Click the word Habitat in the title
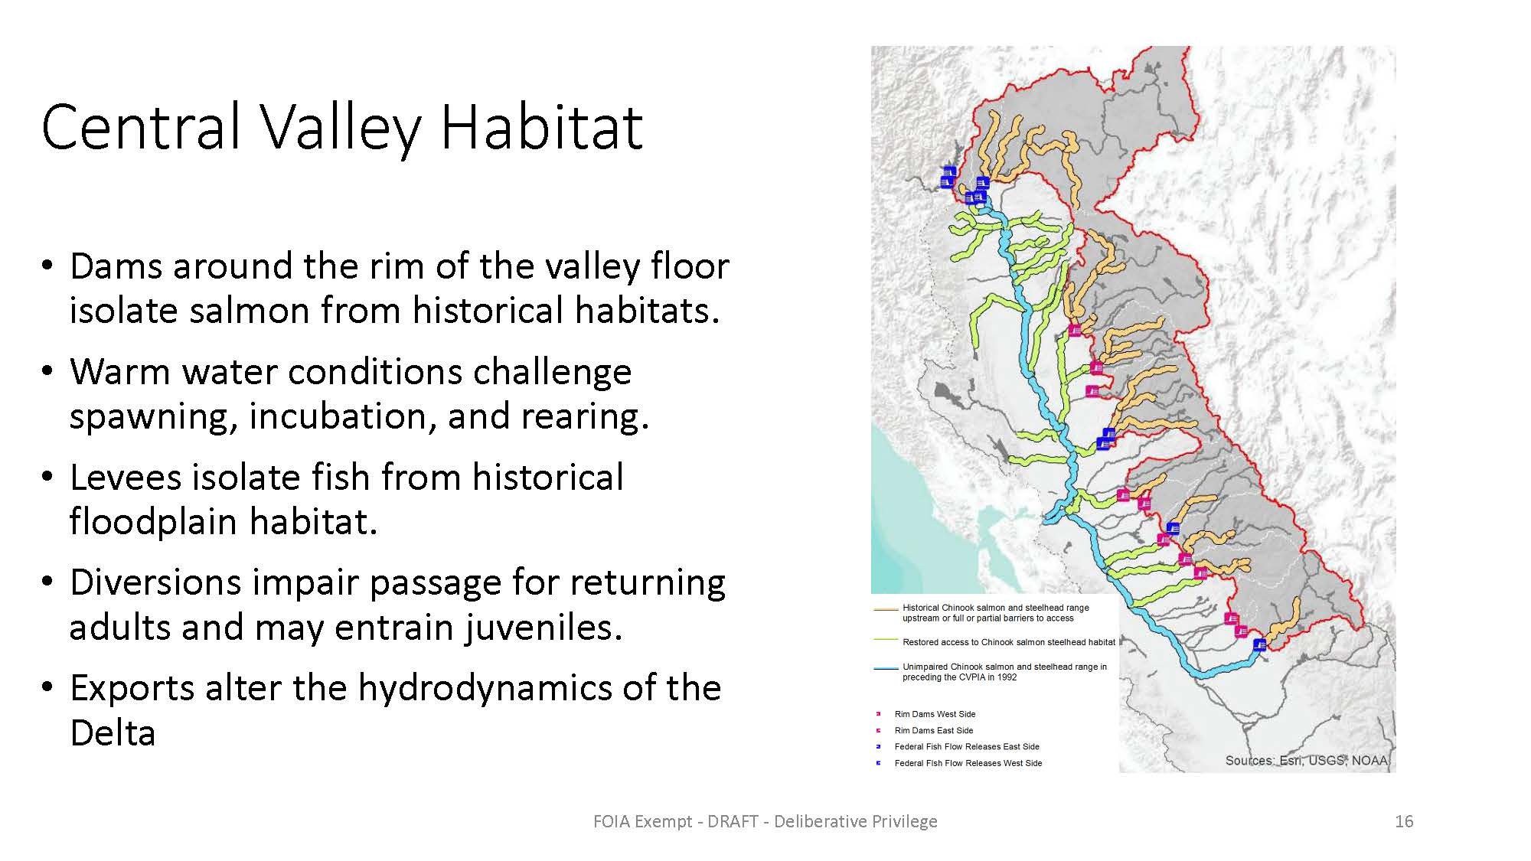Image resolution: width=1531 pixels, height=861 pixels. pos(541,126)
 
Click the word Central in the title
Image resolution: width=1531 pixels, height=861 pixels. pos(142,126)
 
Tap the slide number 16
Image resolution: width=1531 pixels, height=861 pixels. pos(1404,821)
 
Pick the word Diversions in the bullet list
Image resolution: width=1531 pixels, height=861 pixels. pos(154,582)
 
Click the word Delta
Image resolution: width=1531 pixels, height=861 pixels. pos(113,732)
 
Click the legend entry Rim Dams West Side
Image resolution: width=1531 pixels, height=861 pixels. pos(935,714)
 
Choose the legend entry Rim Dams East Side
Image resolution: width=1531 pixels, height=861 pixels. pos(934,730)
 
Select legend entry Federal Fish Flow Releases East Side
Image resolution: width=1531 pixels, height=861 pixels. pos(967,746)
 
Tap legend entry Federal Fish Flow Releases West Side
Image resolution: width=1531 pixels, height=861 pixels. pos(968,763)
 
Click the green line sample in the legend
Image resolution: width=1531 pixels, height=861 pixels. pos(886,640)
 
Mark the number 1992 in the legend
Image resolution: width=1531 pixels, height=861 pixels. pos(1007,677)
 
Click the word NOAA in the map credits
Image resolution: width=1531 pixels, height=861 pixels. pos(1370,761)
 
